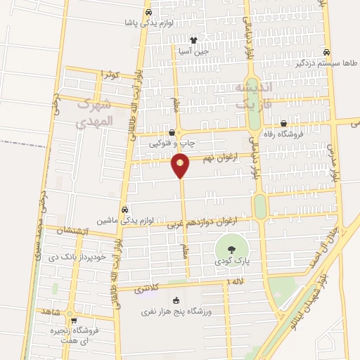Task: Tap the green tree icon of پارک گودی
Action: pos(229,248)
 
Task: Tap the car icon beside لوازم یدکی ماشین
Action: pos(124,210)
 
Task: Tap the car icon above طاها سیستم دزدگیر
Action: pos(326,52)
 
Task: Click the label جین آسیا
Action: pos(193,51)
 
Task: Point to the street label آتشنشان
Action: pos(70,231)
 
